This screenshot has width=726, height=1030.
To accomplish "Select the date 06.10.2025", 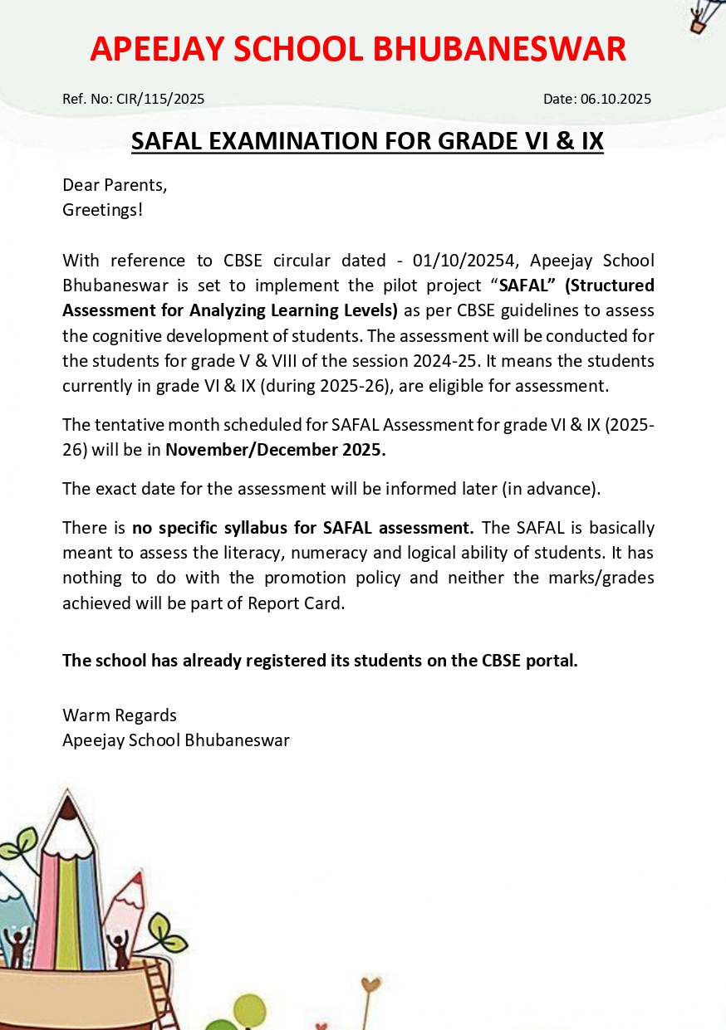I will [616, 99].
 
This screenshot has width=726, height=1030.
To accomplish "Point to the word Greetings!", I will [102, 209].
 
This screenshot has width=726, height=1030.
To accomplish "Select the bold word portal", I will [552, 661].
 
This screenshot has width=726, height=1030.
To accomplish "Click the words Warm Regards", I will [120, 715].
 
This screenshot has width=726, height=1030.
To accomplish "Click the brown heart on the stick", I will [371, 986].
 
